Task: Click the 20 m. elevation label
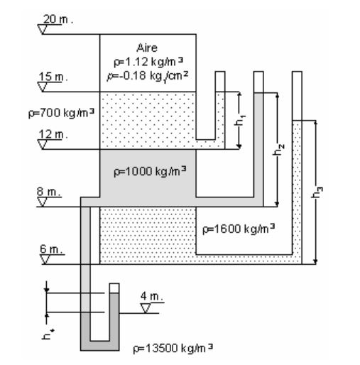coord(58,19)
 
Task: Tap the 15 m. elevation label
coord(53,77)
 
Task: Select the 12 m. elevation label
coord(53,134)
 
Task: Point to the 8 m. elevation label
coord(48,192)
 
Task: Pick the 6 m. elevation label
coord(51,249)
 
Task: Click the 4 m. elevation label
coord(152,296)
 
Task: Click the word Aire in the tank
coord(147,48)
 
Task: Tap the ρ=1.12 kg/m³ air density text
coord(148,62)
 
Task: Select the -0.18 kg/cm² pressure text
coord(148,76)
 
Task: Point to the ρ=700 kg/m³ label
coord(61,113)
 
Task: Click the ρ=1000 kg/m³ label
coord(150,171)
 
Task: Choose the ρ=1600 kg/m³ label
coord(239,229)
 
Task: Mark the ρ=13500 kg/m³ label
coord(173,348)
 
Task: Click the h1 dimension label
coord(240,120)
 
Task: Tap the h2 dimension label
coord(278,150)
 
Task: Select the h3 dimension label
coord(317,192)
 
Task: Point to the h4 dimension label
coord(48,334)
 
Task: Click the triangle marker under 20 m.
coord(43,29)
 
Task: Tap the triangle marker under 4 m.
coord(146,308)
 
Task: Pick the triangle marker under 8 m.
coord(43,202)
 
